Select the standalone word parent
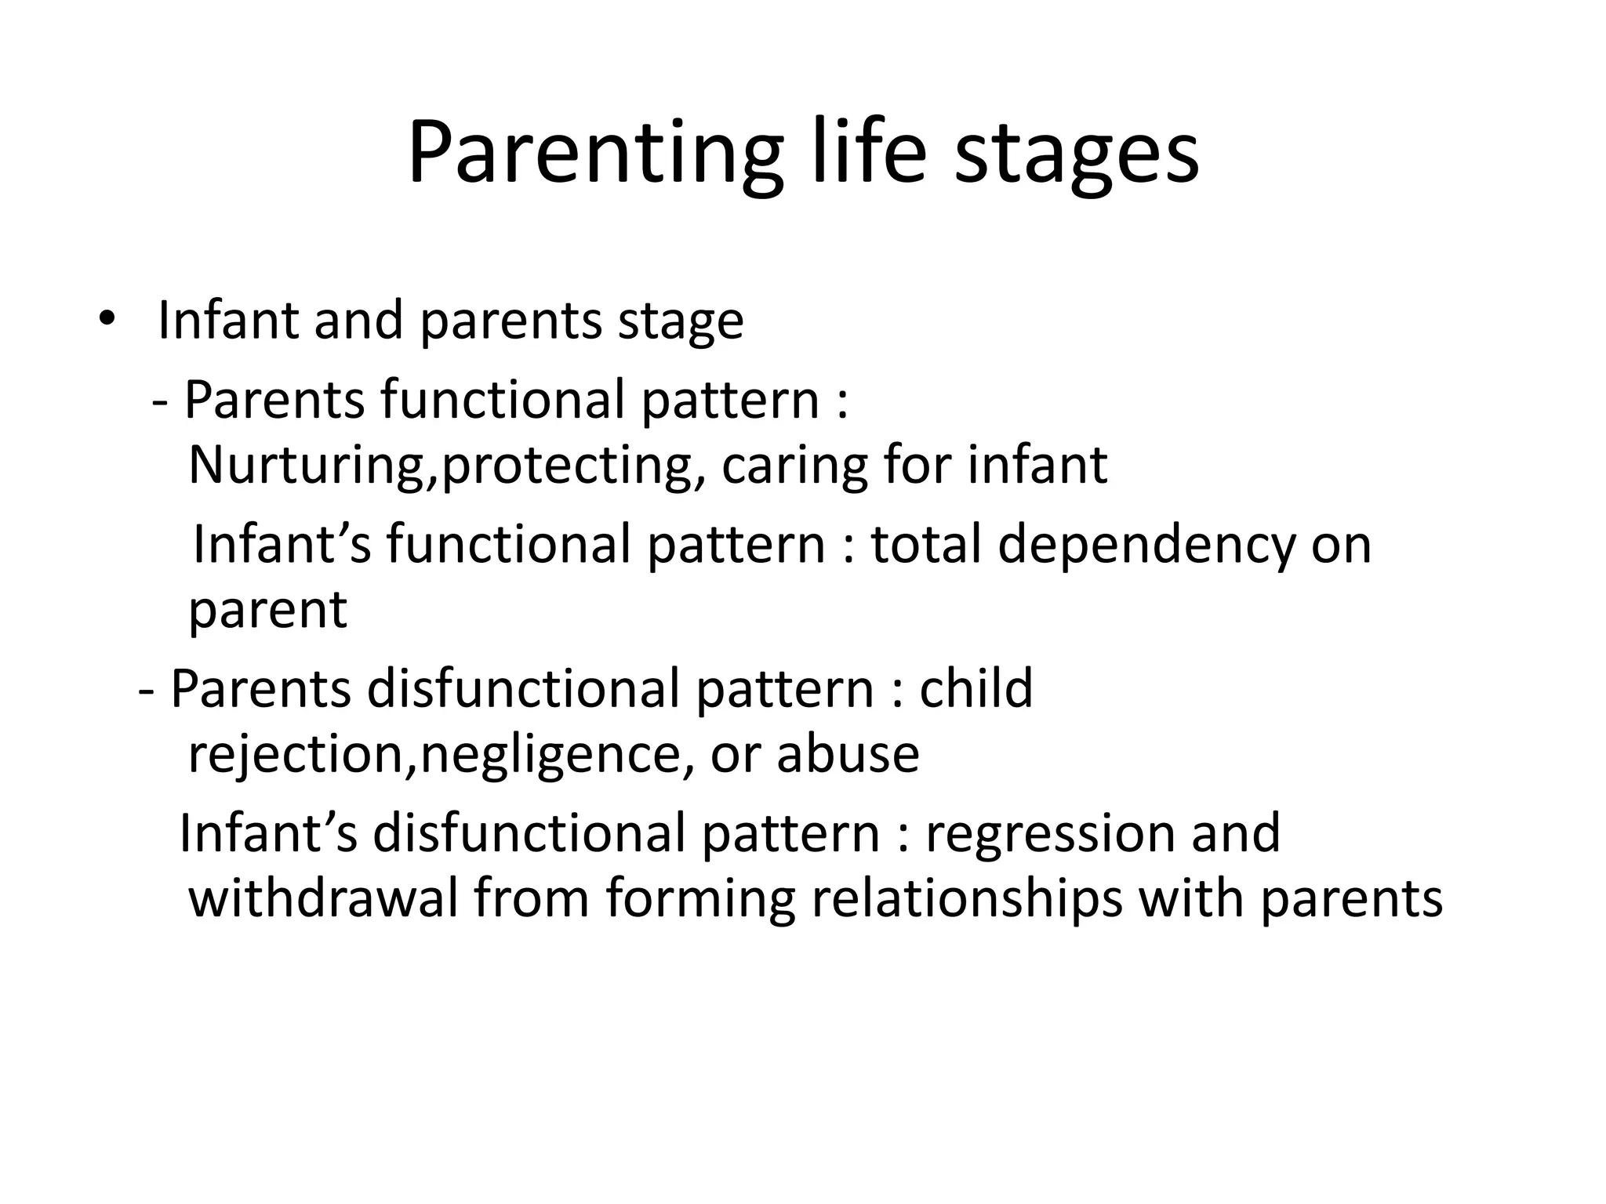tap(267, 611)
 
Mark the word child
tap(976, 687)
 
